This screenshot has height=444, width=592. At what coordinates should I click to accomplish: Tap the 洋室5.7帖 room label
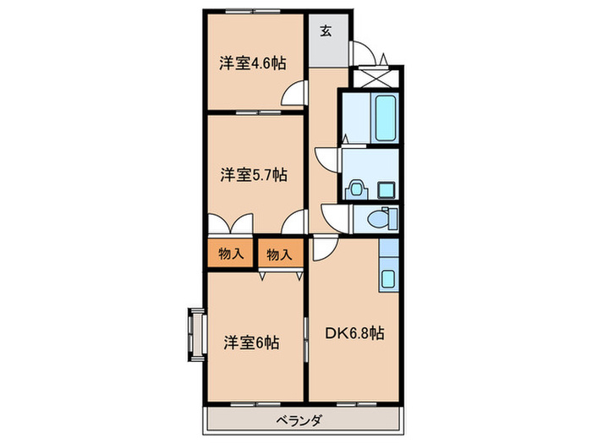click(x=254, y=175)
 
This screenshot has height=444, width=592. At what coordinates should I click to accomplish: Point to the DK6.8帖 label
click(x=354, y=333)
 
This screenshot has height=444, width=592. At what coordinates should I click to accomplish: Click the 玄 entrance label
click(x=326, y=33)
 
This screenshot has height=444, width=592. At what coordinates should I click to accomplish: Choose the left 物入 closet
click(x=230, y=253)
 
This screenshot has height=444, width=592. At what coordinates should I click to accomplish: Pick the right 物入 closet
click(x=279, y=253)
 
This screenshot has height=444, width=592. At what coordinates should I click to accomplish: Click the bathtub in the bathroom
click(x=386, y=119)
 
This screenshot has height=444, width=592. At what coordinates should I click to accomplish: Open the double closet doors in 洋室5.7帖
click(x=229, y=224)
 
